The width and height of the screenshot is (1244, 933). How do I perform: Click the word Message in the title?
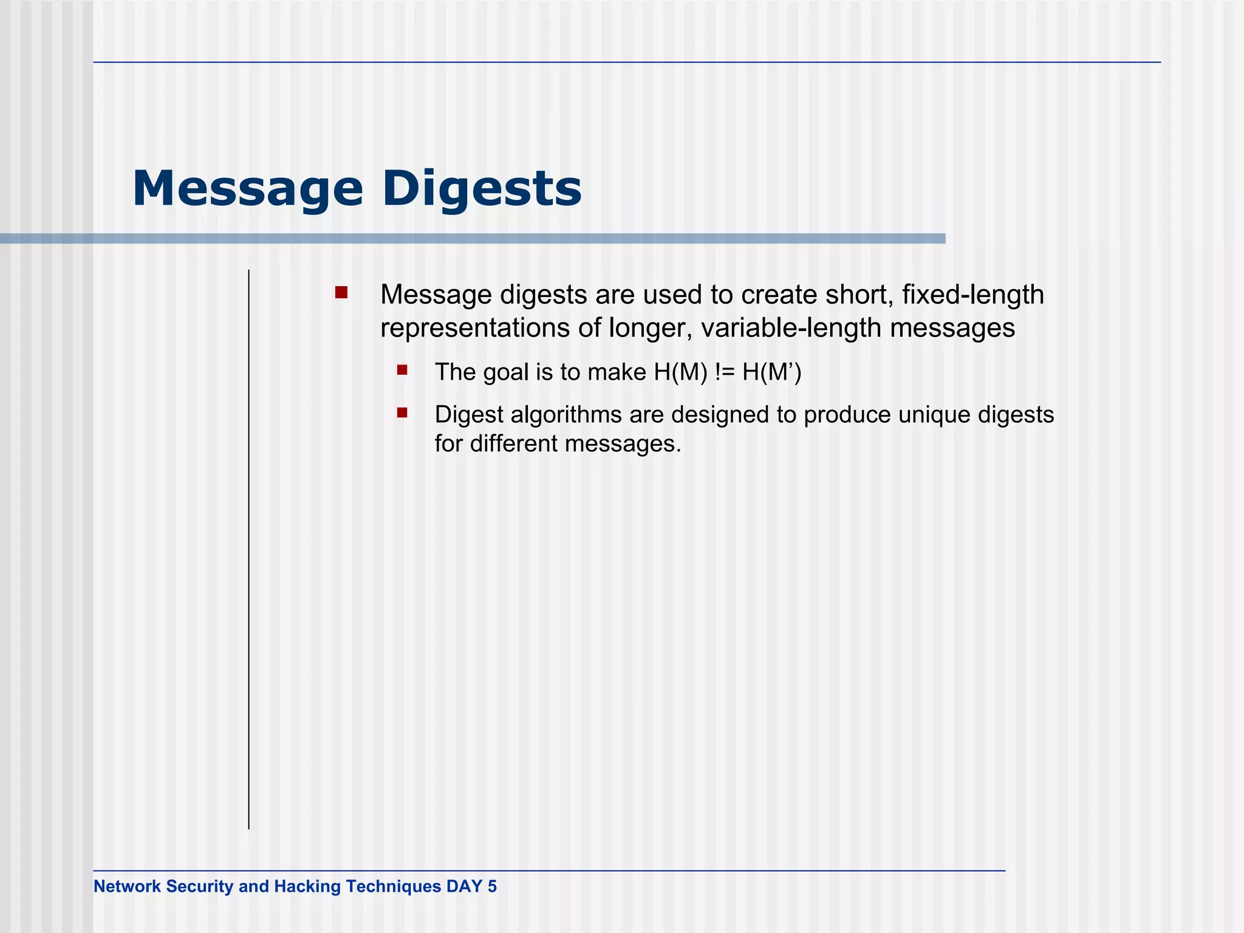[x=247, y=189]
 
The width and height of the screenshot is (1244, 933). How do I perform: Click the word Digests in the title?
[x=482, y=189]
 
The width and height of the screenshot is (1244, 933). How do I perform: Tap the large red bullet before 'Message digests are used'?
[x=341, y=293]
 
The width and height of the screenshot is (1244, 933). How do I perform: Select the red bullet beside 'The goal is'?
[x=402, y=370]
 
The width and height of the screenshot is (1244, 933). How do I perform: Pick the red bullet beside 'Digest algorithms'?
[x=402, y=413]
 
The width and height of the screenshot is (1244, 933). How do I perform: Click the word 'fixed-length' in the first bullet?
[x=973, y=295]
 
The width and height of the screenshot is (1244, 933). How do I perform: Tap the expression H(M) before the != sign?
[x=681, y=372]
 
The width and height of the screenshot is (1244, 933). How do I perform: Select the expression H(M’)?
[x=771, y=372]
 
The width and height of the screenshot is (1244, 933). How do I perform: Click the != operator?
[x=725, y=372]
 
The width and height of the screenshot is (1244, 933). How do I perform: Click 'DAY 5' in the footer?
[x=471, y=886]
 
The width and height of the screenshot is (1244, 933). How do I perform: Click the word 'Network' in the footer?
[x=127, y=886]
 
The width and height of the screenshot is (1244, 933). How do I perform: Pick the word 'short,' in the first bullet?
[x=860, y=295]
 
